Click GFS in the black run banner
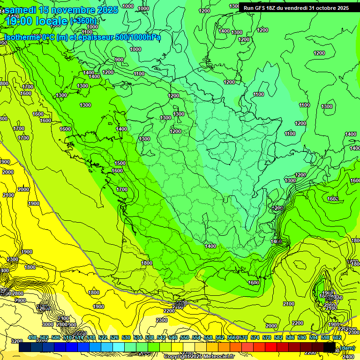[x=262, y=8]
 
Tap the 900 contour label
[x=119, y=60]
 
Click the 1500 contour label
[x=120, y=163]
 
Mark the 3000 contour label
[x=47, y=324]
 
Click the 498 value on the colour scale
[x=32, y=337]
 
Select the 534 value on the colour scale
[x=138, y=337]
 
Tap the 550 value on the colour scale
[x=185, y=337]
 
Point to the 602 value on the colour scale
[x=337, y=337]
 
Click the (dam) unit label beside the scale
[x=348, y=347]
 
